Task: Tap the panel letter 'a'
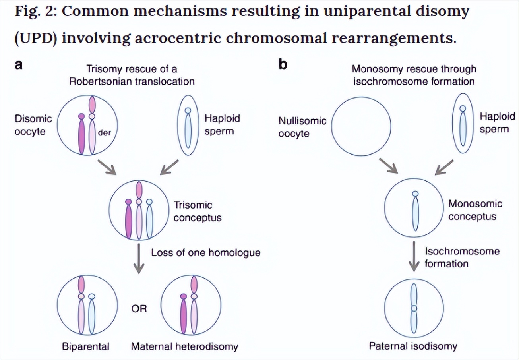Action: pos(18,65)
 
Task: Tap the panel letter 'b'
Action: pos(283,65)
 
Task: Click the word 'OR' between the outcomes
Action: pos(139,309)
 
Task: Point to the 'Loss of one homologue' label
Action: pos(205,252)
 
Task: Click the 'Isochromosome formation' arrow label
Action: pos(462,257)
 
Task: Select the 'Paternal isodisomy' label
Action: pos(413,346)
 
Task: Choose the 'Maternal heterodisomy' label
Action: pos(185,346)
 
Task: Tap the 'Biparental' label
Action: pos(85,346)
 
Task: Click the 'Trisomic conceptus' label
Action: pos(198,211)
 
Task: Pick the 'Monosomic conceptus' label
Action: pos(475,210)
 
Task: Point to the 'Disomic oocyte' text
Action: pos(33,125)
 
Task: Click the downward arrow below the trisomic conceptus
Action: pos(138,259)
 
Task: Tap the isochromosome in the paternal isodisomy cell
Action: pos(414,308)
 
